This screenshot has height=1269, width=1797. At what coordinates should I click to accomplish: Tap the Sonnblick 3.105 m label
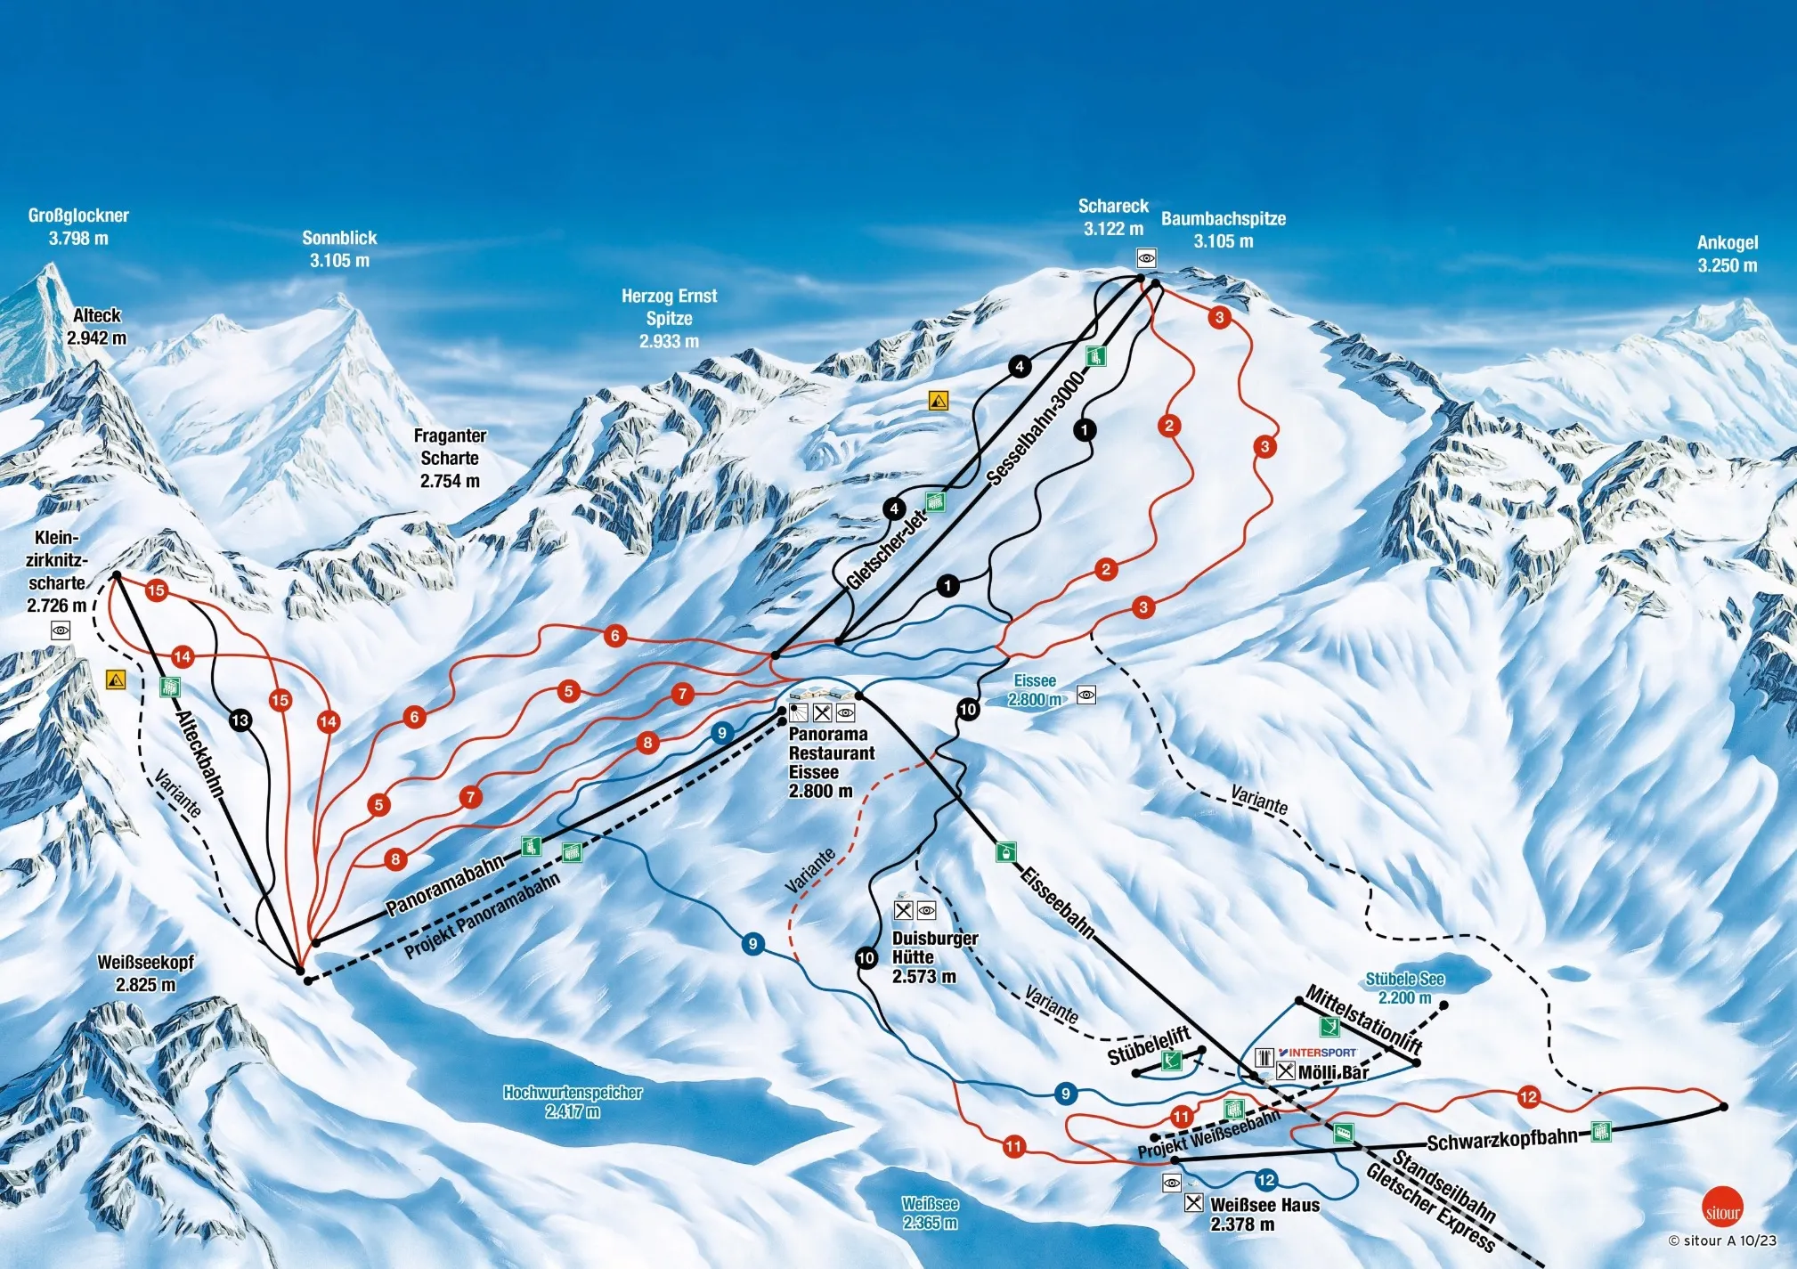pos(339,249)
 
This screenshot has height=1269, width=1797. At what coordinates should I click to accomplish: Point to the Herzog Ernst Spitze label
pos(669,318)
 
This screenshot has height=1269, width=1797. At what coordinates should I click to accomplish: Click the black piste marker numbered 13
pos(240,720)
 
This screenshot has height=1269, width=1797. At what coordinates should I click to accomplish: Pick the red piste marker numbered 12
pos(1528,1096)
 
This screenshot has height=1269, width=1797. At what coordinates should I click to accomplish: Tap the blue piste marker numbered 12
pos(1266,1181)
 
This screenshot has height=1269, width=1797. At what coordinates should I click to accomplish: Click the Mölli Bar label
pos(1332,1072)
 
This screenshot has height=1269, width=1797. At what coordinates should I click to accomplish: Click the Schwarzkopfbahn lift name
pos(1501,1141)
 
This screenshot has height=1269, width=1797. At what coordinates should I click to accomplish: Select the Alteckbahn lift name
pos(199,752)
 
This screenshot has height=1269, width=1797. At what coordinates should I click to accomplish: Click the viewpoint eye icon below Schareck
pos(1146,258)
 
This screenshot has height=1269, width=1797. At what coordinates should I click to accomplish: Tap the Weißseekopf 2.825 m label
pos(145,973)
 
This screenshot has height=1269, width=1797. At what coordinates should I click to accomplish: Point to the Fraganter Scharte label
pos(450,458)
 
